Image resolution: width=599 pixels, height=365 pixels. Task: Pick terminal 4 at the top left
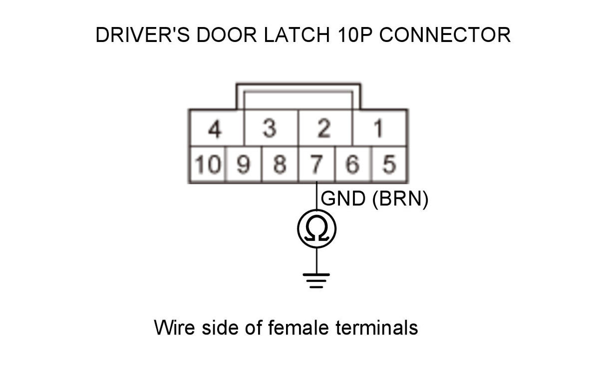pos(215,129)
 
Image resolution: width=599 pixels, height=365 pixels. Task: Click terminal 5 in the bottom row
pos(389,164)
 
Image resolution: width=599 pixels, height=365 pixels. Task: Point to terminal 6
pos(353,164)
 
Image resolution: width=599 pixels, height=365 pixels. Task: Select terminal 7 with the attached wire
pos(317,164)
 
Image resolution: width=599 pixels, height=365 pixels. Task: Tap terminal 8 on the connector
pos(280,164)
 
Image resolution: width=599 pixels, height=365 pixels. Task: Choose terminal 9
pos(244,164)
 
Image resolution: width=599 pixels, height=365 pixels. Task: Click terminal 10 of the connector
pos(207,164)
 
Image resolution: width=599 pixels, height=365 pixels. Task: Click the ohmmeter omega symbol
pos(317,229)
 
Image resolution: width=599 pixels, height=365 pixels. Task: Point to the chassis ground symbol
pos(317,280)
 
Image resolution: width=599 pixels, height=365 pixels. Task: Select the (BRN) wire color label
pos(400,199)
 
